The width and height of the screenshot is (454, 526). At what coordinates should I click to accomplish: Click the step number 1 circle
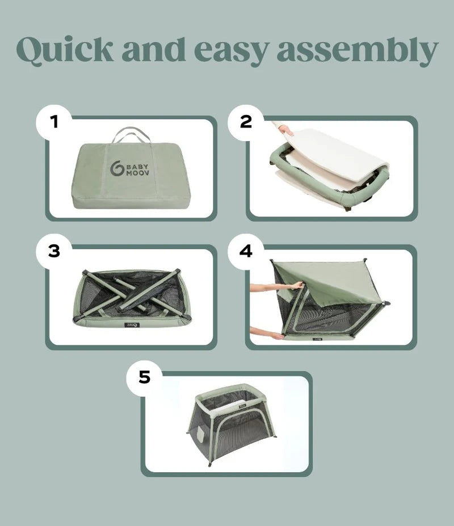[x=54, y=121]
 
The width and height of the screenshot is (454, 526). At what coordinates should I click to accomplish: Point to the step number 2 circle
[x=246, y=121]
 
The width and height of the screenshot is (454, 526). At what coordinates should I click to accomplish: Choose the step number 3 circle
[x=54, y=251]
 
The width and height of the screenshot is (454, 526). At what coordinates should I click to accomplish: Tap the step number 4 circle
[x=246, y=250]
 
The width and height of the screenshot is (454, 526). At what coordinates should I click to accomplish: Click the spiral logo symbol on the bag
[x=116, y=168]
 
